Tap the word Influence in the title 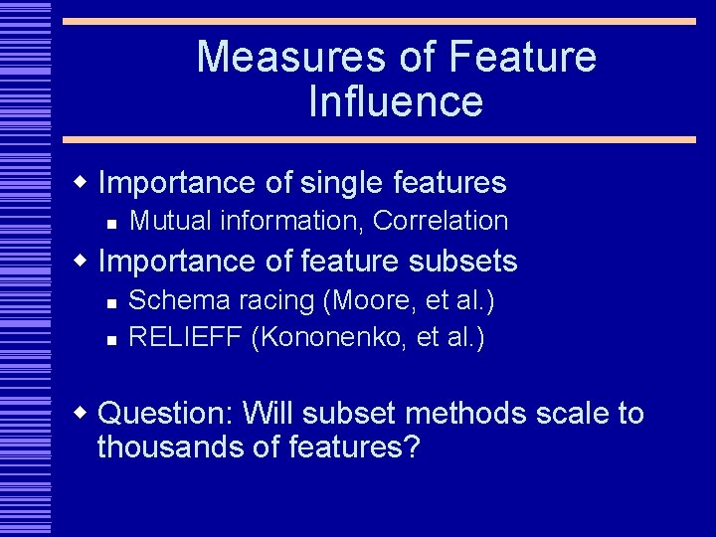(x=396, y=101)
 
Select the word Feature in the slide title (x=523, y=57)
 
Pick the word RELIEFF (x=186, y=337)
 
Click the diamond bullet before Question (x=85, y=411)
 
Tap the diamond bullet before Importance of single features (x=85, y=181)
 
